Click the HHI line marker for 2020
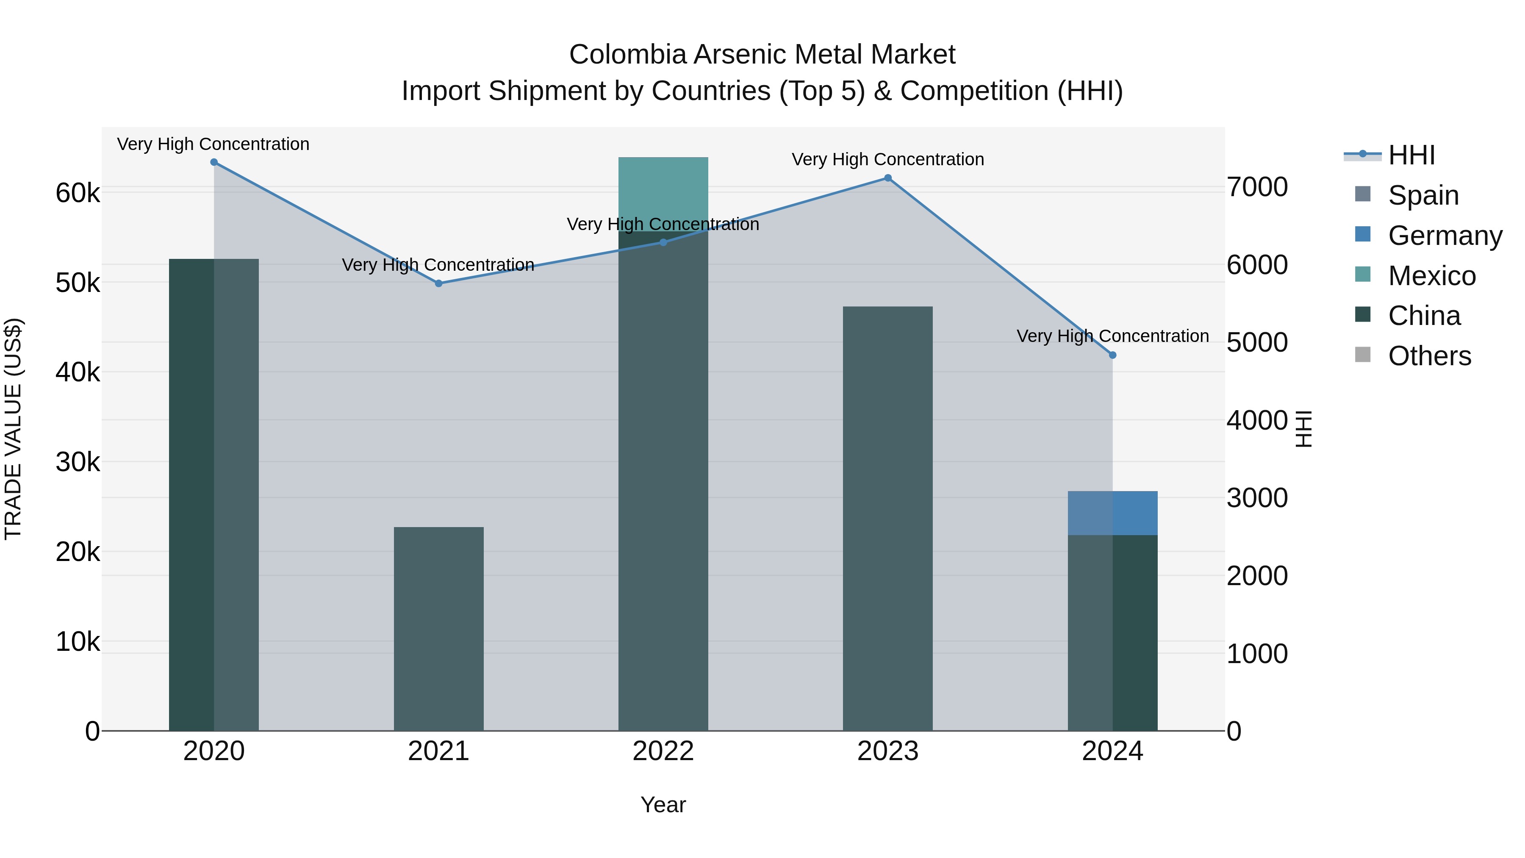click(x=214, y=162)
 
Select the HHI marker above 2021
click(x=439, y=283)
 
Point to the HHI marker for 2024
click(x=1112, y=355)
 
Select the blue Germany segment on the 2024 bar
click(x=1112, y=513)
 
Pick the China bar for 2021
click(x=439, y=628)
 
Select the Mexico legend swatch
click(x=1362, y=275)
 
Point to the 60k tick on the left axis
click(x=78, y=194)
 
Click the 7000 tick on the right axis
click(x=1257, y=187)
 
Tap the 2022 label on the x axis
click(x=663, y=751)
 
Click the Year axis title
click(x=663, y=805)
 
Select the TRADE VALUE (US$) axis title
click(x=13, y=429)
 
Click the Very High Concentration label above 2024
click(x=1112, y=336)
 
